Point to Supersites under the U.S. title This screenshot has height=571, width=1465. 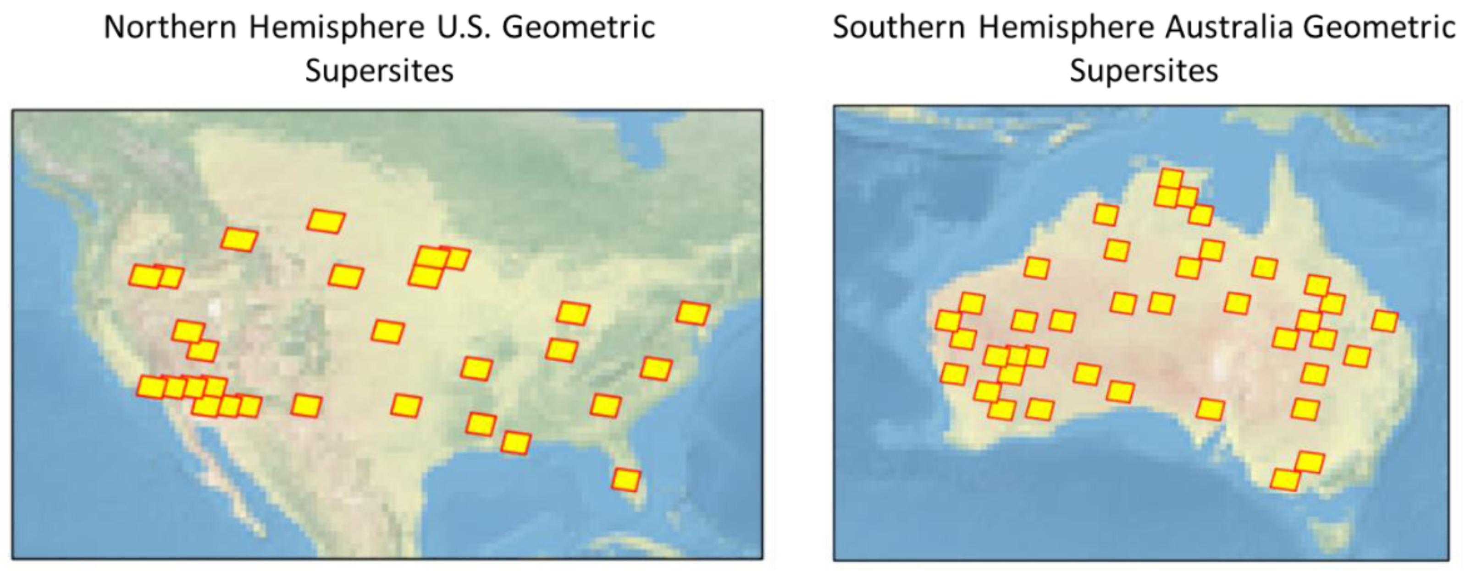tap(379, 71)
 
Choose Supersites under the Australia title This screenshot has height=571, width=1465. tap(1144, 71)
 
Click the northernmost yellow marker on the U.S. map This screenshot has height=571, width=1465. tap(326, 221)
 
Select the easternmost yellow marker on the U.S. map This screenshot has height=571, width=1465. tap(693, 313)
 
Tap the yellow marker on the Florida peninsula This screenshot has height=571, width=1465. tap(626, 479)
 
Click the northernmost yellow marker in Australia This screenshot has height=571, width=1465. tap(1171, 179)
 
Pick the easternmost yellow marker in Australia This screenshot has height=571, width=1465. tap(1384, 321)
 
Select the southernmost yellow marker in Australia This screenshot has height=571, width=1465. tap(1285, 480)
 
